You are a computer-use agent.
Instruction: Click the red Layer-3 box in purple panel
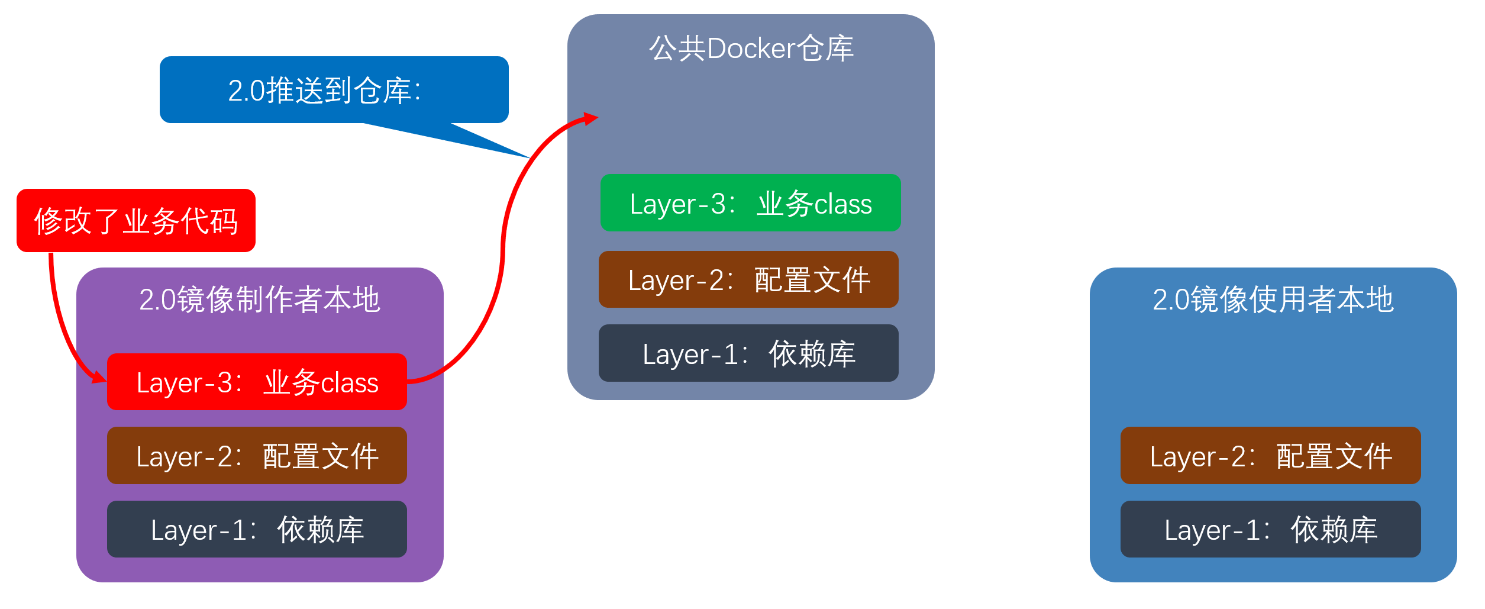pos(257,382)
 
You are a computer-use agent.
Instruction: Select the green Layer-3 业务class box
pos(750,203)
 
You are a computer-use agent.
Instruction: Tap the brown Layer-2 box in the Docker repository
pos(748,279)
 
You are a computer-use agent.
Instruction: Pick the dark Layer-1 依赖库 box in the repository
pos(748,353)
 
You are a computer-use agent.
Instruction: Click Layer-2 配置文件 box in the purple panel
pos(257,456)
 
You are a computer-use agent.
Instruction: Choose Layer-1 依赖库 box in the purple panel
pos(257,529)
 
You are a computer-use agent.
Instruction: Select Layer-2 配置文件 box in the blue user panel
pos(1270,456)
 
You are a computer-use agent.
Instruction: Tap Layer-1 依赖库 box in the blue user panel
pos(1270,529)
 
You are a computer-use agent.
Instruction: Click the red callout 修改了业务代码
pos(136,221)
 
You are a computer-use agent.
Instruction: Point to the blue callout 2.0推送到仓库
pos(334,90)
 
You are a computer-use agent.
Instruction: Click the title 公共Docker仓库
pos(751,49)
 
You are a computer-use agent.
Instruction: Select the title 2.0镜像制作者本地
pos(260,299)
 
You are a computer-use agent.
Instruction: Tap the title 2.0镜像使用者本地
pos(1273,299)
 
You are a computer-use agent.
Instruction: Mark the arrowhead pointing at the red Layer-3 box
pos(99,378)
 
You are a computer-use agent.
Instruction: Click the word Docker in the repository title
pos(751,49)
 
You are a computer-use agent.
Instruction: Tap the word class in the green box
pos(842,204)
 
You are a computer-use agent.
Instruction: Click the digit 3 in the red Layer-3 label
pos(225,383)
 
